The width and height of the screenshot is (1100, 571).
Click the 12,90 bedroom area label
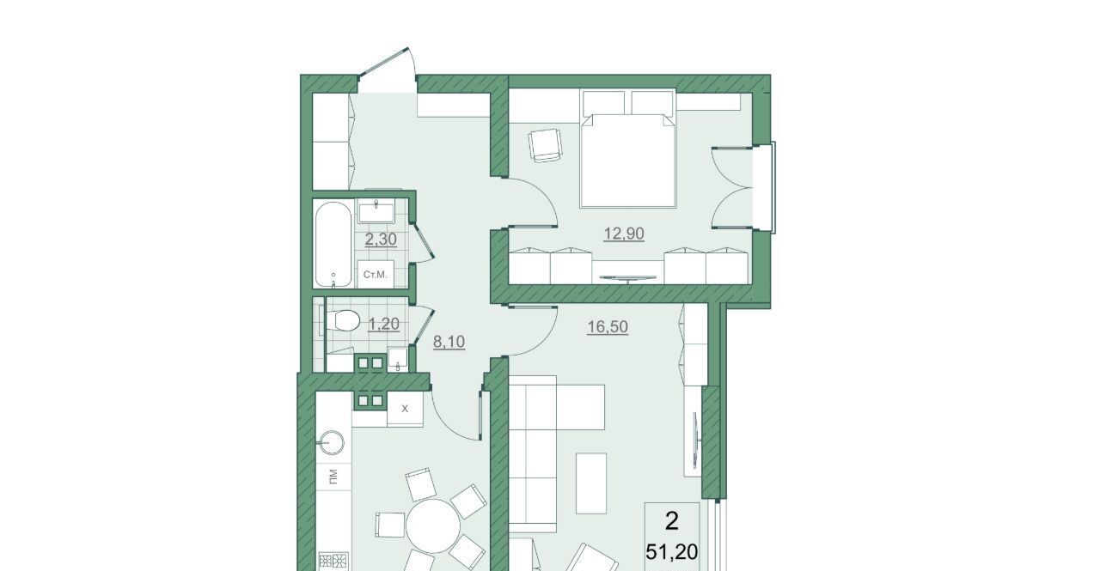click(x=624, y=234)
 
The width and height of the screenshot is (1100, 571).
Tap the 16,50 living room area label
click(x=608, y=326)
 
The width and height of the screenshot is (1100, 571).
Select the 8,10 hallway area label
click(x=449, y=342)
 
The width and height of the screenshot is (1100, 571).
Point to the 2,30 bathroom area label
click(x=381, y=240)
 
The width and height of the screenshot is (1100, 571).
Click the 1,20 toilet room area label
click(x=383, y=324)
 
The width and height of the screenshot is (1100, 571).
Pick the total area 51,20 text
click(x=671, y=552)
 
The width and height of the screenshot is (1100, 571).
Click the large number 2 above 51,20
click(x=671, y=521)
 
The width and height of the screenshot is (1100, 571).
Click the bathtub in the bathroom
click(x=333, y=245)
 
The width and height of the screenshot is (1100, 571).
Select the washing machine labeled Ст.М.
click(x=376, y=275)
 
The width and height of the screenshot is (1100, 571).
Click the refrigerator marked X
click(x=405, y=409)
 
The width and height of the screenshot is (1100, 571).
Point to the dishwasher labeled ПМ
click(x=333, y=476)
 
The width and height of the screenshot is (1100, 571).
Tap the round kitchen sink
click(x=332, y=443)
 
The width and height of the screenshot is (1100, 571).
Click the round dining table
click(x=433, y=526)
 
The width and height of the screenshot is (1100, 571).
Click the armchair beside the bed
click(x=544, y=145)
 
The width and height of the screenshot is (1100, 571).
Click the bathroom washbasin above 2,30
click(x=376, y=211)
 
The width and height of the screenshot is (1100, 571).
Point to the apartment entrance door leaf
click(x=383, y=63)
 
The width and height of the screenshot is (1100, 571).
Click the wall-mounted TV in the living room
click(x=695, y=440)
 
